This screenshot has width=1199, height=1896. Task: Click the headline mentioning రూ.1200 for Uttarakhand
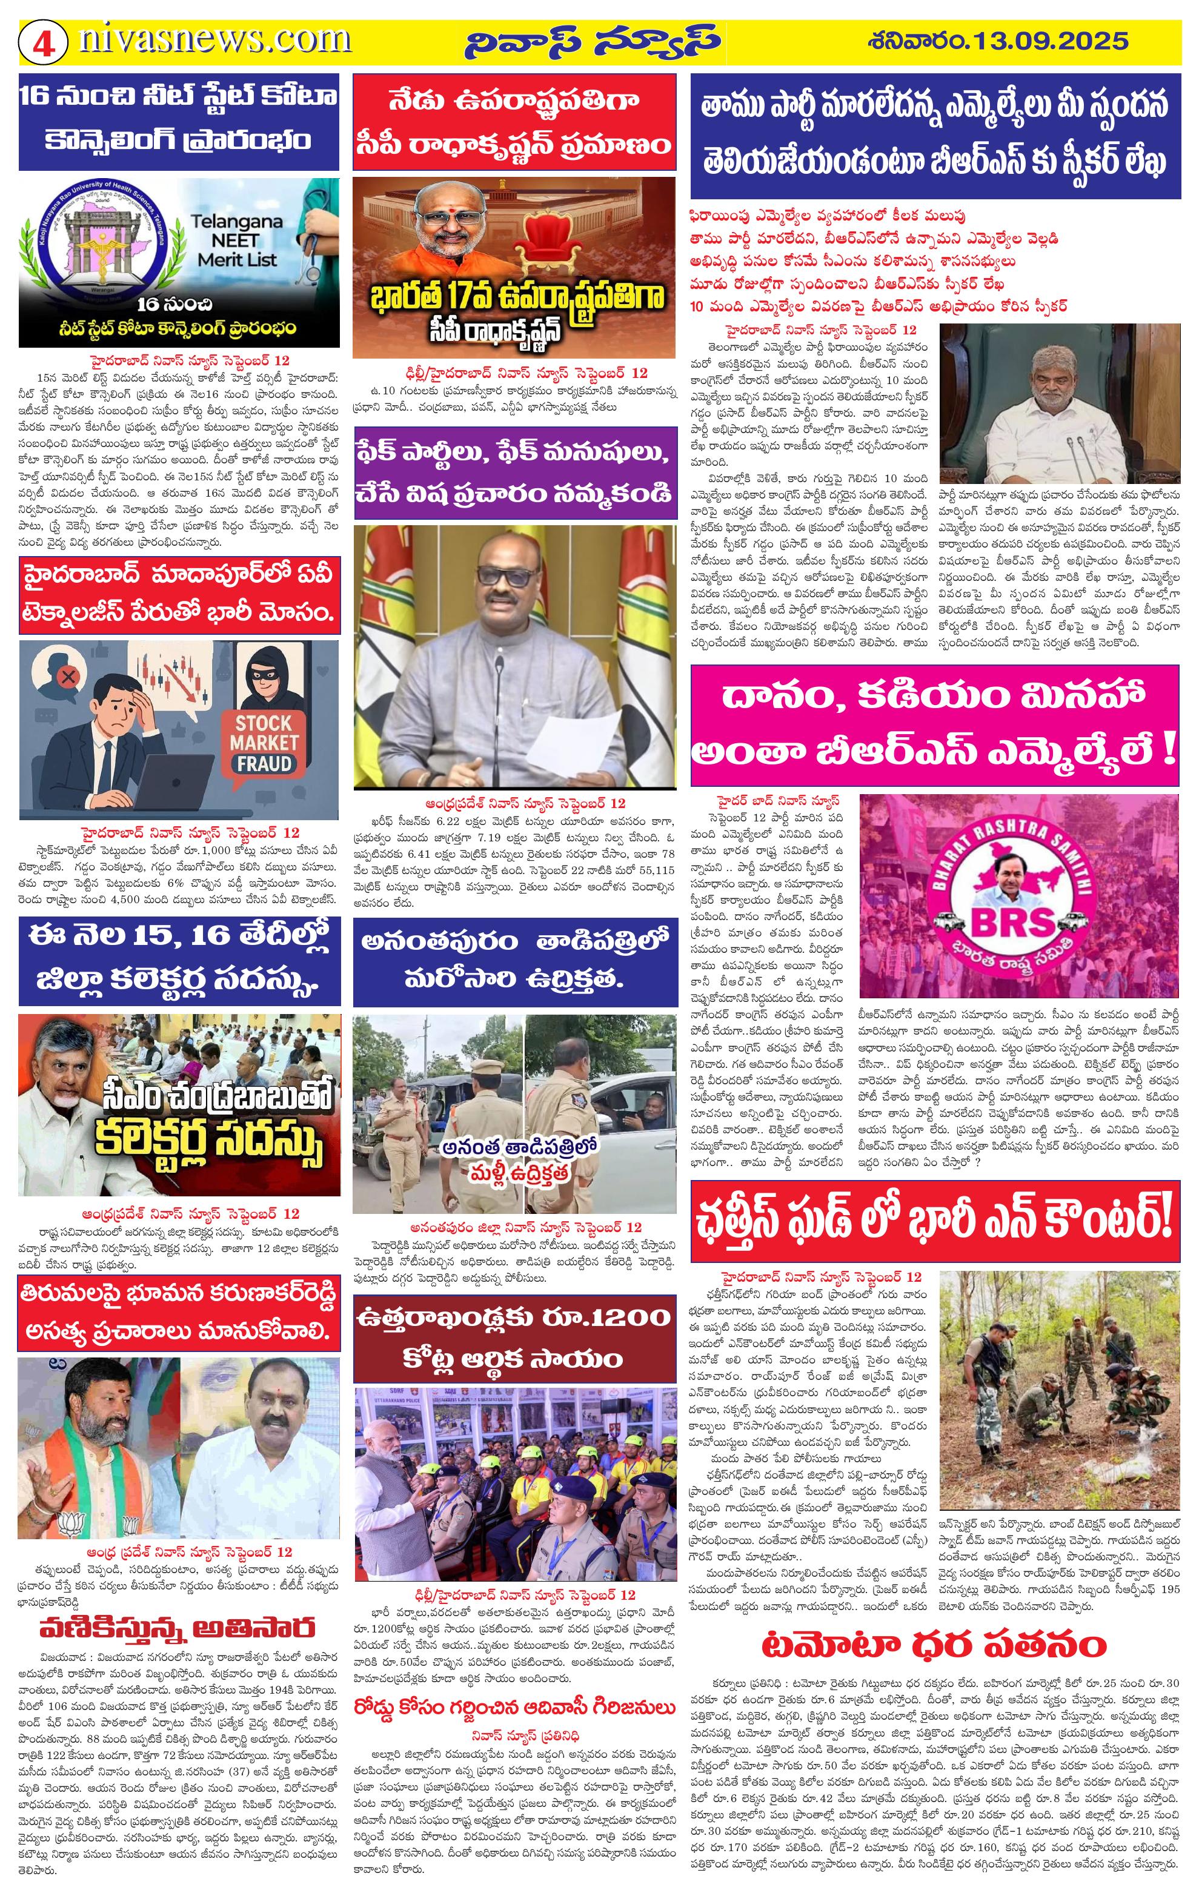(513, 1340)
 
